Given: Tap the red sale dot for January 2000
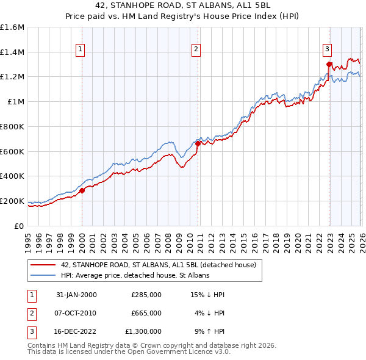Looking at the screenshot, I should (82, 190).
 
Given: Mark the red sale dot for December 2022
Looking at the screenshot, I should (329, 64).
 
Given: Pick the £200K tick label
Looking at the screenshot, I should (12, 201).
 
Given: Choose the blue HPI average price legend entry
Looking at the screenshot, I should (135, 275).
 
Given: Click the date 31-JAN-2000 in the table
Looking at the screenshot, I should (76, 295).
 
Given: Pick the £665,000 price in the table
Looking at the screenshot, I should (146, 313).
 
